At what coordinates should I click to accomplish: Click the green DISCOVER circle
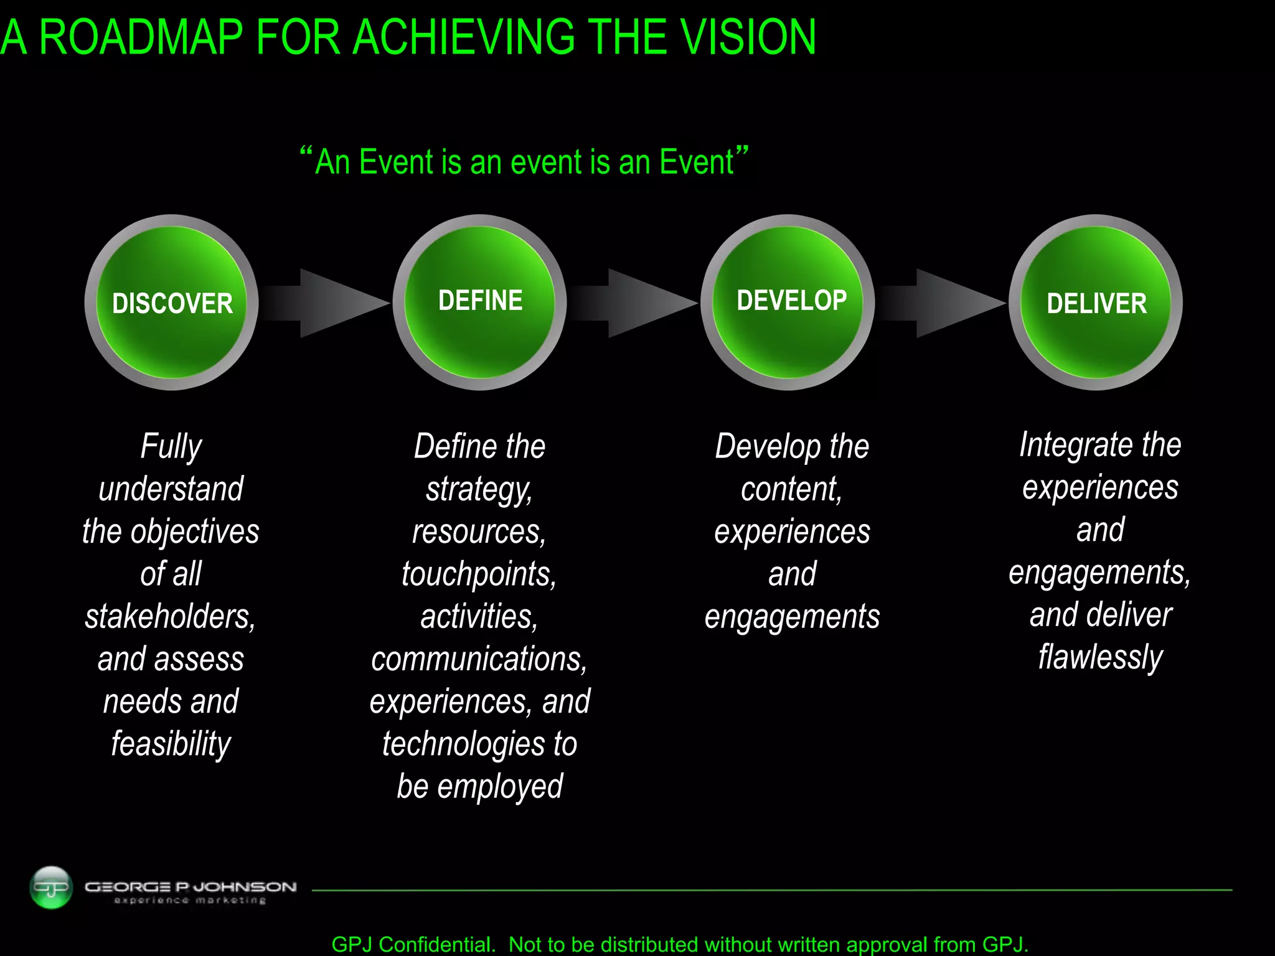pyautogui.click(x=172, y=302)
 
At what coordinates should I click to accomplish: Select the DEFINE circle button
pyautogui.click(x=480, y=302)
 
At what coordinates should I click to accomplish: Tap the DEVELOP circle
pyautogui.click(x=788, y=302)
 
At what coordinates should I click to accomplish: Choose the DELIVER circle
pyautogui.click(x=1096, y=302)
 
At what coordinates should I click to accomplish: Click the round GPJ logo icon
pyautogui.click(x=51, y=887)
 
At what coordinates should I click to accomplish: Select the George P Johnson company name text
pyautogui.click(x=191, y=887)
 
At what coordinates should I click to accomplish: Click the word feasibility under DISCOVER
pyautogui.click(x=171, y=744)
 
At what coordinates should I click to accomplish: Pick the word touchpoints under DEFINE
pyautogui.click(x=479, y=574)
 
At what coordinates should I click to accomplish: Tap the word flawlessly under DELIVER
pyautogui.click(x=1100, y=657)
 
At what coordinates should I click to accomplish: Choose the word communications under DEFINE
pyautogui.click(x=479, y=659)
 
